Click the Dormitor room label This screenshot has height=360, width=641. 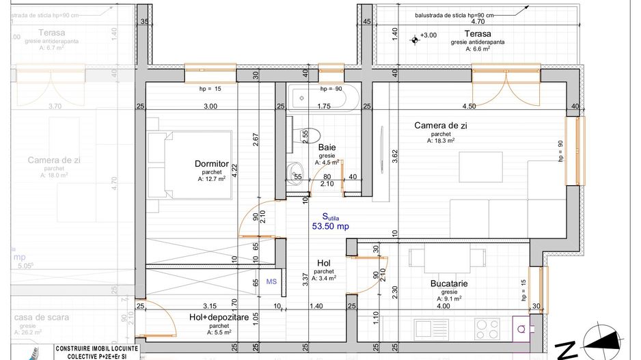(x=211, y=164)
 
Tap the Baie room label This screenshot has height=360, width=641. (x=327, y=147)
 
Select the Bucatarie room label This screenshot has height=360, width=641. (x=448, y=283)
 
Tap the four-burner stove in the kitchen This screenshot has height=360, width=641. (x=489, y=329)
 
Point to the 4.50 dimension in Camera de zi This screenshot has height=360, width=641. (x=469, y=107)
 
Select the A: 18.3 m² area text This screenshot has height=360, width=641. (x=441, y=141)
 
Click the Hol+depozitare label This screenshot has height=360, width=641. (x=219, y=318)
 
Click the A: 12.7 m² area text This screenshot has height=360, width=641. (x=211, y=180)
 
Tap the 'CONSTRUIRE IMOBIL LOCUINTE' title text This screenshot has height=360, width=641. (x=96, y=348)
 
